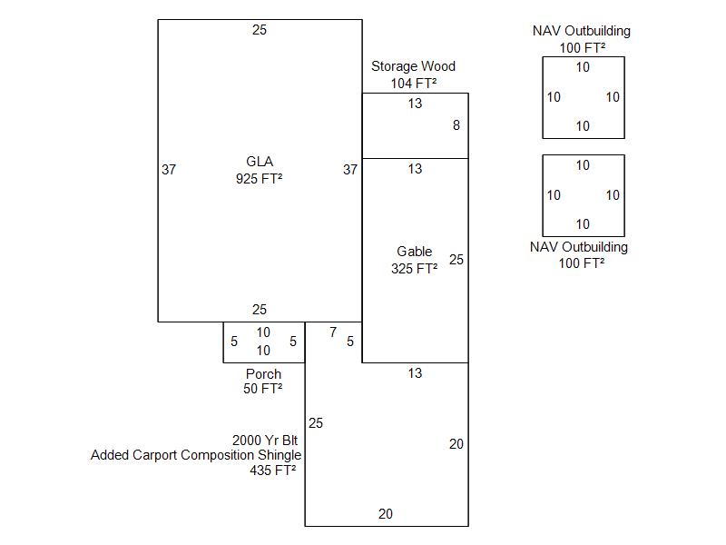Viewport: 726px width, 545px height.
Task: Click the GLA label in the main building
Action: click(x=260, y=163)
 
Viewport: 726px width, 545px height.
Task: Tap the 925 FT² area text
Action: click(x=260, y=179)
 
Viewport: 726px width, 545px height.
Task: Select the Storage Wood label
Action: click(x=413, y=66)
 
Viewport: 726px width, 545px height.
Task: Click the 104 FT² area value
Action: click(x=413, y=83)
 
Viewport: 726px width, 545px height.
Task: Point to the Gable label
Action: click(x=414, y=252)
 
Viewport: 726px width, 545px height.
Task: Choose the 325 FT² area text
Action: click(x=414, y=269)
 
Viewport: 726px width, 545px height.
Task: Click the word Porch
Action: click(x=263, y=374)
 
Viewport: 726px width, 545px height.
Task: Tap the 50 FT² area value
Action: click(x=263, y=390)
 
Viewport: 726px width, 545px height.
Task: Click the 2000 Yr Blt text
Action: click(x=265, y=440)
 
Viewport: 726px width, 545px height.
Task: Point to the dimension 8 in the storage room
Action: click(x=456, y=126)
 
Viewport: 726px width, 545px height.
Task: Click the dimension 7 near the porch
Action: click(x=333, y=332)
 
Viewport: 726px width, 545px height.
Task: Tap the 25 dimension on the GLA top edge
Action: click(x=260, y=30)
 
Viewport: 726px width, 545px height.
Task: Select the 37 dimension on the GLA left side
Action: click(x=169, y=170)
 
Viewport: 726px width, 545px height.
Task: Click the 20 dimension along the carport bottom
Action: click(x=386, y=514)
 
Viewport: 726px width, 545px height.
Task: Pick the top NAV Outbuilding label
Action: click(x=582, y=31)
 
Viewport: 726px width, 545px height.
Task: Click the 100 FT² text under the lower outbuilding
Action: click(x=582, y=263)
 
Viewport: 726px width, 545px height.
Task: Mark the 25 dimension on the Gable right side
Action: click(x=456, y=260)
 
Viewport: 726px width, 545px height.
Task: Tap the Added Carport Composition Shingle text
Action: click(x=196, y=455)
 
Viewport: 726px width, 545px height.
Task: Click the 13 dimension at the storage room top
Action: click(x=415, y=104)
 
